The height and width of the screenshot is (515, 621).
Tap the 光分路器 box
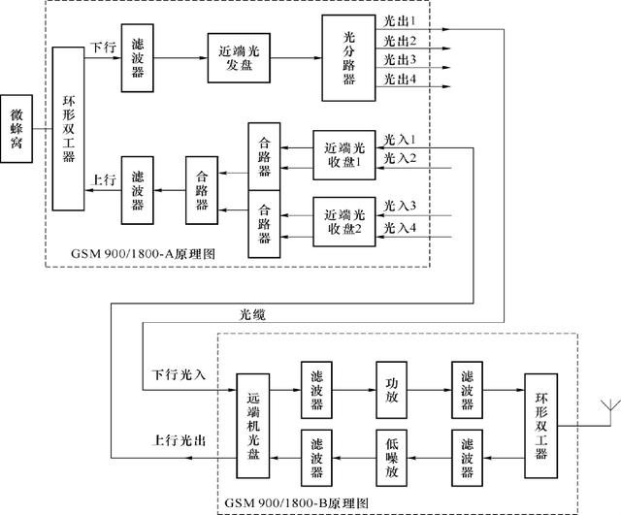(x=349, y=58)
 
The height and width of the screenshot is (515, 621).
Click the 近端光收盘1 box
(x=343, y=154)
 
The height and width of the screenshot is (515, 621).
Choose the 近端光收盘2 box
(x=343, y=220)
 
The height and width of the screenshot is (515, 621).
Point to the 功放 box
(x=393, y=390)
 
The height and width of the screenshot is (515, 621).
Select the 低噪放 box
(x=393, y=451)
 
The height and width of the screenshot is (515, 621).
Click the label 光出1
(x=400, y=20)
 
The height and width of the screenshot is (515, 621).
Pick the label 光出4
(x=400, y=79)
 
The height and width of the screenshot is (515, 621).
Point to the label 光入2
(x=400, y=158)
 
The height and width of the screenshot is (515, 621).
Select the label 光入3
(x=400, y=206)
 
